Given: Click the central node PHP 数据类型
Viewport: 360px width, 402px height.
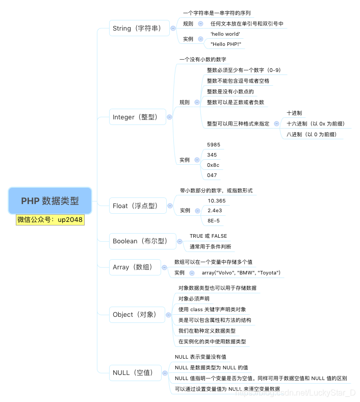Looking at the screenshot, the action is click(50, 200).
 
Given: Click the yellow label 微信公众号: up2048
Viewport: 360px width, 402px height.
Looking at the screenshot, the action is click(50, 220).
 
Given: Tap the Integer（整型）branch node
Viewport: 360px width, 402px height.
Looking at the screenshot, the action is click(139, 117).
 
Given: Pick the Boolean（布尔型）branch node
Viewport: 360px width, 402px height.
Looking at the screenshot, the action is click(139, 241).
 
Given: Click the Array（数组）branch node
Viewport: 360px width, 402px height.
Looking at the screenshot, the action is click(135, 267).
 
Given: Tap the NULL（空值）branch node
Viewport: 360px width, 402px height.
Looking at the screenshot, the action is click(135, 373).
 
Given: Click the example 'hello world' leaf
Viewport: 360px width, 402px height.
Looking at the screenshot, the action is click(225, 34).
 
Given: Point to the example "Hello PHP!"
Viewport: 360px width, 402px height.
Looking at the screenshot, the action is click(225, 44).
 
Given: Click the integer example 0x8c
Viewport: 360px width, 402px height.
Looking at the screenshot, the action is click(213, 165).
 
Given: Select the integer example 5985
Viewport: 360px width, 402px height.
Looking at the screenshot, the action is click(214, 145).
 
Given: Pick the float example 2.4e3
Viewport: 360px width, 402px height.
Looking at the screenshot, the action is click(214, 211).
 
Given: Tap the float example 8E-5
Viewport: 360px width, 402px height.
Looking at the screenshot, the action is click(214, 221).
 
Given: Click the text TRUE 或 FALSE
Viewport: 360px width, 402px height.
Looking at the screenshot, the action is click(208, 236).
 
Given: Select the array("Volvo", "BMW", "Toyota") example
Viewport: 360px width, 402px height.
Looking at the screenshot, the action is click(241, 273).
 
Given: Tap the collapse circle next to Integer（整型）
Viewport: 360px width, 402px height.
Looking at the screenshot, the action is click(169, 117).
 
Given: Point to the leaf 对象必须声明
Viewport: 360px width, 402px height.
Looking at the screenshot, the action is click(194, 299).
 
